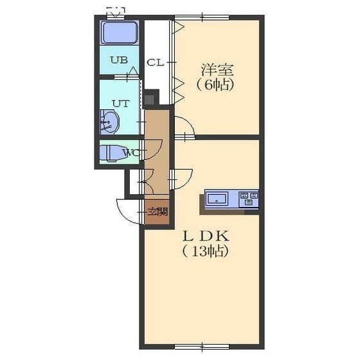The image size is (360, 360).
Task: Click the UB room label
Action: click(119, 60)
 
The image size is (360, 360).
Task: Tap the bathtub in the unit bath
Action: click(119, 32)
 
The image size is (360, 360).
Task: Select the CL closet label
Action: click(156, 62)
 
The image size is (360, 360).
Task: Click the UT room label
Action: click(121, 104)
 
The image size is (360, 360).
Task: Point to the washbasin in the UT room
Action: click(109, 122)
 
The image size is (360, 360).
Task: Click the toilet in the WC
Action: click(112, 153)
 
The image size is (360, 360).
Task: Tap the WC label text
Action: click(131, 153)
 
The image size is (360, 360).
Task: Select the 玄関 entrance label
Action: click(157, 212)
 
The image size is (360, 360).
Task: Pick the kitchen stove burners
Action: click(249, 199)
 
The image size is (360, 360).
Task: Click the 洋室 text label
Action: click(217, 70)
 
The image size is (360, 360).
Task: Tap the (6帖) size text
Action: click(215, 85)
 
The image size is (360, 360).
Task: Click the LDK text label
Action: click(206, 237)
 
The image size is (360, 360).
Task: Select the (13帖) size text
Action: click(206, 251)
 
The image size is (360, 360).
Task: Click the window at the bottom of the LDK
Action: click(202, 346)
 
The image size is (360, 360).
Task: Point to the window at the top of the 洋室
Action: click(202, 17)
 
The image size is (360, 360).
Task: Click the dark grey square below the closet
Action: click(149, 100)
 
